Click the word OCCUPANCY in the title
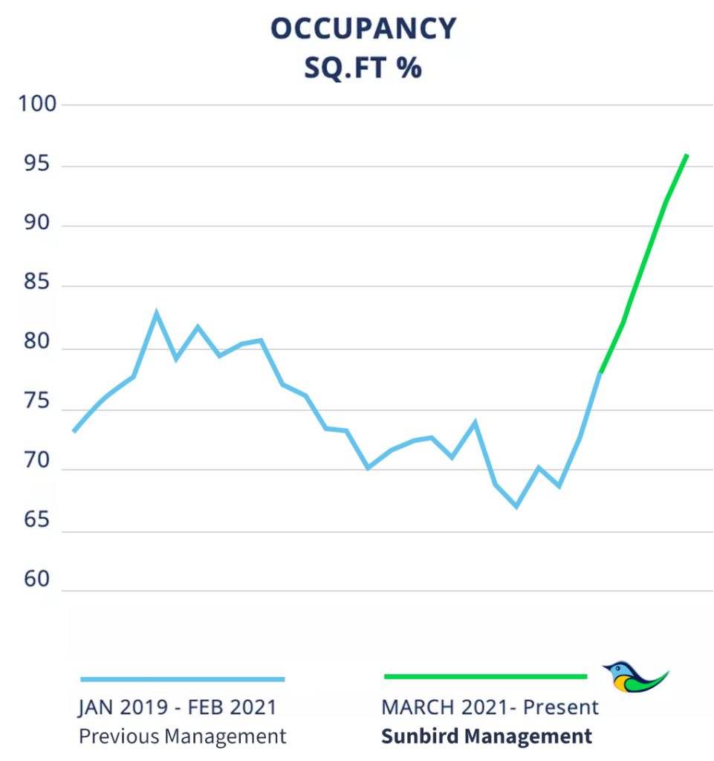point(363,29)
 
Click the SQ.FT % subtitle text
point(363,68)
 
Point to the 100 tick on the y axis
point(38,104)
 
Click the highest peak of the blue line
point(156,313)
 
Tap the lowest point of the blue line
point(516,506)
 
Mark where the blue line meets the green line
point(600,372)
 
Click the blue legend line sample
point(182,679)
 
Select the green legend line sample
point(485,676)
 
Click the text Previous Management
point(182,736)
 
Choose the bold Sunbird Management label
point(487,736)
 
